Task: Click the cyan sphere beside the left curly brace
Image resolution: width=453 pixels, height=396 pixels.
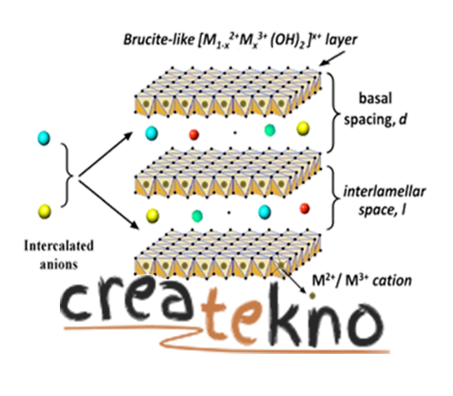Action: point(44,138)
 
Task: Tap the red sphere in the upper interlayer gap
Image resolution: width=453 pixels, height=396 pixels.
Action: point(194,134)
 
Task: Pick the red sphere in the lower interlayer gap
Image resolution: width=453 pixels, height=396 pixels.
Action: point(304,208)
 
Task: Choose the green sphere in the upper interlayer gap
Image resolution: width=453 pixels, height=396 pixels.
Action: point(269,130)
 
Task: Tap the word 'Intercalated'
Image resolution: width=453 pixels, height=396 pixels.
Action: point(58,245)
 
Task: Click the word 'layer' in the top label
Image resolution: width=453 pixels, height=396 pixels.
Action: point(341,40)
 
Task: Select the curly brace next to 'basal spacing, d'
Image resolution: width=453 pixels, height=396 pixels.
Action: point(334,112)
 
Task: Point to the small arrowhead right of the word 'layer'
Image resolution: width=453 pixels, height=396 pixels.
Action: point(325,62)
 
